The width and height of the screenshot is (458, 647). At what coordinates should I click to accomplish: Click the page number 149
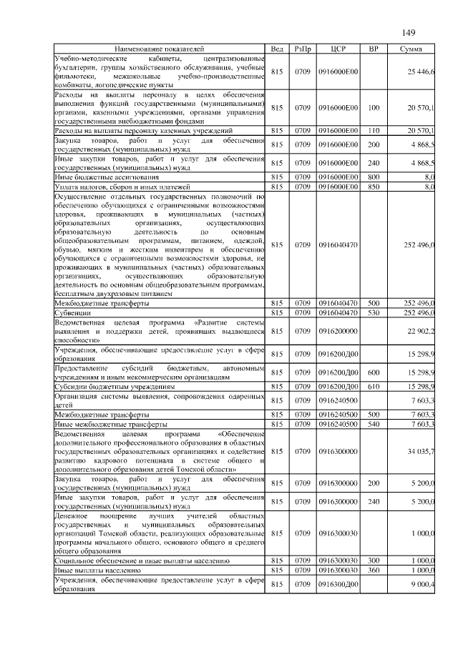(x=409, y=32)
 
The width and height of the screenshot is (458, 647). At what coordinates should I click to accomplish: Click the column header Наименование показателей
(x=159, y=49)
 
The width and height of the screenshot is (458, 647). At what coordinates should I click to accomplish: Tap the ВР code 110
(x=373, y=131)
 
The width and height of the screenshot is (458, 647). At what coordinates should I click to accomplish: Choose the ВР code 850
(x=373, y=187)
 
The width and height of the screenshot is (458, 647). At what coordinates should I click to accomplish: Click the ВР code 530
(x=373, y=312)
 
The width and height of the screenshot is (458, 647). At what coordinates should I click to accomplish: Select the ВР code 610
(x=373, y=387)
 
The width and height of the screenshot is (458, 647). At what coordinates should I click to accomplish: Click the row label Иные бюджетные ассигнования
(x=102, y=176)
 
